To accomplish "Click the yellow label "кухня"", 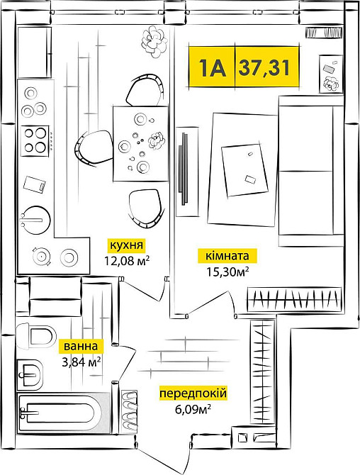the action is [x=126, y=245].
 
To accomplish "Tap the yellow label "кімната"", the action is [x=227, y=256].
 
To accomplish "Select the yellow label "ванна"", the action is [x=81, y=346].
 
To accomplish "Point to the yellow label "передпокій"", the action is [x=193, y=393].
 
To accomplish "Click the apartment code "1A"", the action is [x=213, y=67].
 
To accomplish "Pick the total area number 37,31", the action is [x=264, y=67].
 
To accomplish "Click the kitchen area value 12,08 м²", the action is [x=127, y=260].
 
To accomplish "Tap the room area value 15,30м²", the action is [x=227, y=272].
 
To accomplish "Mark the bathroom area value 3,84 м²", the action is [x=81, y=362].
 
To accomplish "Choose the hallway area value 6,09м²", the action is [x=193, y=410].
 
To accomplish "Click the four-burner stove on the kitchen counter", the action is [x=35, y=141].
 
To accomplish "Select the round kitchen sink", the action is [x=35, y=220].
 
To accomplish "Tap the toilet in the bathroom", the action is [x=36, y=336].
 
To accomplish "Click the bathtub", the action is [x=64, y=413].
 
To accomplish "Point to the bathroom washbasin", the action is [x=30, y=375].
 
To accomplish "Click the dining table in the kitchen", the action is [x=140, y=144].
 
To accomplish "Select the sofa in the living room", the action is [x=310, y=171].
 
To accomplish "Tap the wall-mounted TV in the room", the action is [x=184, y=168].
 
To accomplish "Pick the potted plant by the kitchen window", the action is [x=154, y=42].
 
